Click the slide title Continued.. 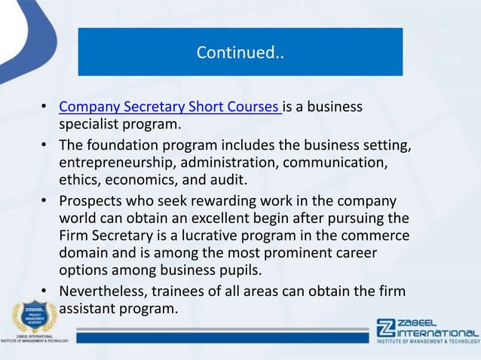coord(240,53)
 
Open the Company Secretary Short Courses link coord(170,107)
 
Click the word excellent coord(237,219)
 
